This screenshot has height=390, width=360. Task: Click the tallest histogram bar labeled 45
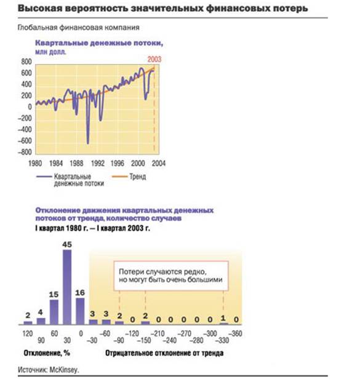point(67,287)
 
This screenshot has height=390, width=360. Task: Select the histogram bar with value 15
point(54,312)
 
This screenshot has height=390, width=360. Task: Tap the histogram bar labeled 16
point(80,311)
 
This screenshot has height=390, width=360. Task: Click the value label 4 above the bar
point(41,312)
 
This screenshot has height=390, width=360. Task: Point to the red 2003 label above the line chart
point(154,59)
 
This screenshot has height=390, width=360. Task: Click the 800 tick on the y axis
point(26,62)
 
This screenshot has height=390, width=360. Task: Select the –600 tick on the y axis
point(25,141)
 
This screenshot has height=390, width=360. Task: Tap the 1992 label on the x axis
point(97,163)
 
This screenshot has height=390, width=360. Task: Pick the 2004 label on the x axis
point(159,163)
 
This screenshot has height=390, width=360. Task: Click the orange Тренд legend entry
point(129,177)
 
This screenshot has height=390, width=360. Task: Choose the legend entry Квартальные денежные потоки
point(70,180)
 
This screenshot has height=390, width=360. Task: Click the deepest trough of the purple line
point(88,143)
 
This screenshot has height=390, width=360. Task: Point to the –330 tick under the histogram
point(222,340)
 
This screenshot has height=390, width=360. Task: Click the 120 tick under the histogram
point(28,333)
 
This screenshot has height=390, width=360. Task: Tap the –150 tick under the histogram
point(144,340)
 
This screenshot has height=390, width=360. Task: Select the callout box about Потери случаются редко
point(171,276)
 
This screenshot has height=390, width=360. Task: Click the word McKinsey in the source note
point(63,370)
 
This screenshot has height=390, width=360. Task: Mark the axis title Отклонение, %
point(47,353)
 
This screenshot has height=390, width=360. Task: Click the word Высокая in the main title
point(40,8)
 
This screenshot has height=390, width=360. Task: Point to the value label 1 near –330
point(223,318)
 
